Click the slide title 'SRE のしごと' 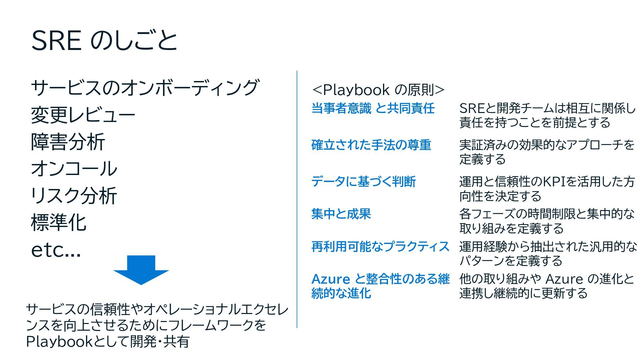pos(104,41)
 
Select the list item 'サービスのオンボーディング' pos(145,88)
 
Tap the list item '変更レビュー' pos(83,115)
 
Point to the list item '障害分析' pos(68,142)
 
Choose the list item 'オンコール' pos(74,169)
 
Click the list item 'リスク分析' pos(74,196)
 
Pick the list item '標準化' pos(59,223)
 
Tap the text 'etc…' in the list pos(56,250)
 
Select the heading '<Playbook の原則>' pos(378,90)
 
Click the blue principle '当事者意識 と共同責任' pos(373,108)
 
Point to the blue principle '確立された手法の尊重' pos(371,145)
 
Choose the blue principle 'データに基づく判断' pos(363,182)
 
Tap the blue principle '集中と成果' pos(341,214)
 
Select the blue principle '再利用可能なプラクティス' pos(380,247)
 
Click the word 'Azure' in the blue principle pos(330,279)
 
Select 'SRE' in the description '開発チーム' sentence pos(471,108)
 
